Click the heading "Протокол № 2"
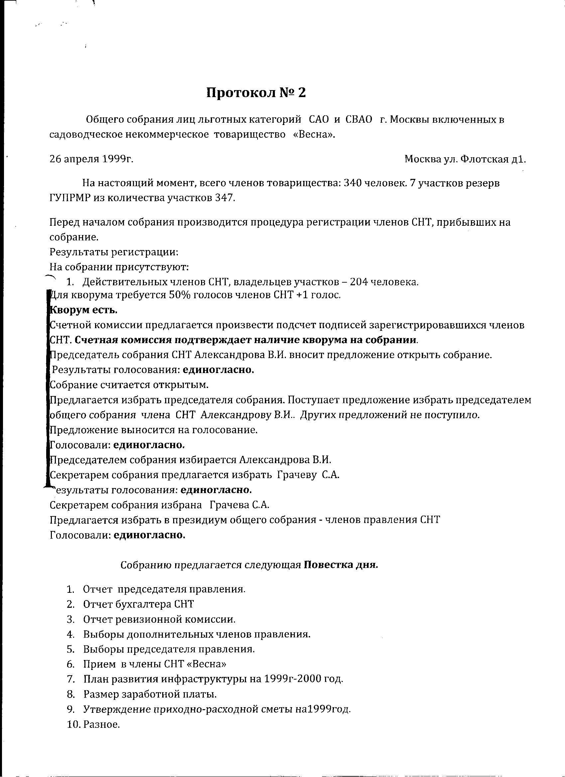tap(256, 92)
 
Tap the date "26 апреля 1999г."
tap(91, 159)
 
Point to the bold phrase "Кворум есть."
tap(84, 310)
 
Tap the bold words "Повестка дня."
tap(341, 565)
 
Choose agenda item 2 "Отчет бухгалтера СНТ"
tap(138, 604)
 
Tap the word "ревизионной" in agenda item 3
tap(149, 619)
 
